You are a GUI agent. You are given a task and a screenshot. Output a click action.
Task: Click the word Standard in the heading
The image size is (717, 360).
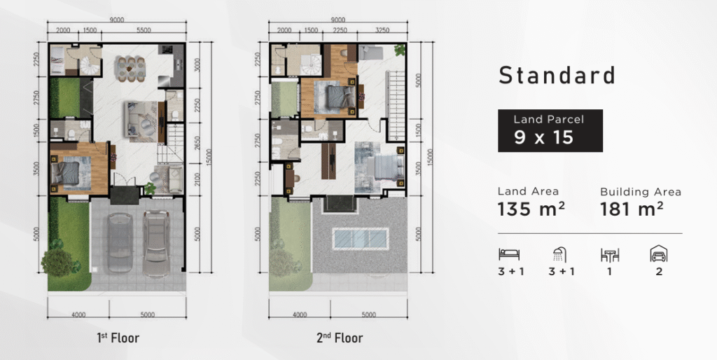pyautogui.click(x=557, y=76)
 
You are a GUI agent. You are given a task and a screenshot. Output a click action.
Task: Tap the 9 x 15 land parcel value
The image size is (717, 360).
pyautogui.click(x=543, y=137)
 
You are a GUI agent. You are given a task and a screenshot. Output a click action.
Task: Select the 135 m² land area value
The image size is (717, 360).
pyautogui.click(x=531, y=209)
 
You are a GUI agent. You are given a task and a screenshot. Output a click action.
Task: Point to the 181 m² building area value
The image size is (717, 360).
pyautogui.click(x=632, y=209)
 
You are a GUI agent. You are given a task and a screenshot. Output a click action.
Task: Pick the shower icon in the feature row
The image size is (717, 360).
pyautogui.click(x=559, y=254)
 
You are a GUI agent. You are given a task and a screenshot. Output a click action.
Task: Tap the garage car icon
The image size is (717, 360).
pyautogui.click(x=659, y=254)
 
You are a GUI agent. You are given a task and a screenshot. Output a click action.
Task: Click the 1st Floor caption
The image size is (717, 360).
pyautogui.click(x=118, y=338)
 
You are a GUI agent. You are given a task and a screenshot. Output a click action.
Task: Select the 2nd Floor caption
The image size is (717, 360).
pyautogui.click(x=340, y=338)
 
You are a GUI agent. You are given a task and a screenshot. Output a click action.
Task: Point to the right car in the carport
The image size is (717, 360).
pyautogui.click(x=156, y=243)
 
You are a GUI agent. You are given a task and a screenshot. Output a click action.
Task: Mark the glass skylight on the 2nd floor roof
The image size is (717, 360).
pyautogui.click(x=361, y=238)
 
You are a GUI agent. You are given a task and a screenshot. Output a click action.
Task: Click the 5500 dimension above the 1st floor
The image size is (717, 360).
pyautogui.click(x=144, y=30)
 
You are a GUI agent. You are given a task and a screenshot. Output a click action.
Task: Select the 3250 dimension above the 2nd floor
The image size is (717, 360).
pyautogui.click(x=382, y=30)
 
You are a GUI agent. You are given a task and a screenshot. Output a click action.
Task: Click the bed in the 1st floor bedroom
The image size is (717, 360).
pyautogui.click(x=71, y=172)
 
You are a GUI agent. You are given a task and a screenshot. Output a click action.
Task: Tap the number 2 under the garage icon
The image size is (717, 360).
pyautogui.click(x=659, y=272)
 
